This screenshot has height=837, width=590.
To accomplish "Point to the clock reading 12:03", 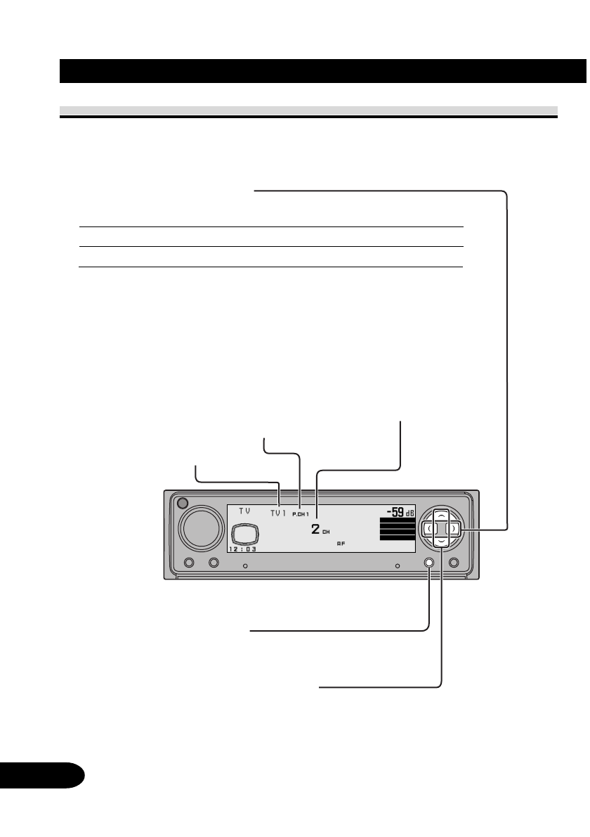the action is click(242, 550).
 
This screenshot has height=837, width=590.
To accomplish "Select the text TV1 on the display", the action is click(279, 513).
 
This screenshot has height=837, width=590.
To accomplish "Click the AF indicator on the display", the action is click(341, 544).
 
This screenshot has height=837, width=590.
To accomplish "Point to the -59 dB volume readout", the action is click(401, 513).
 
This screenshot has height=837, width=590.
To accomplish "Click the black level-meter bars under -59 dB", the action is click(398, 530).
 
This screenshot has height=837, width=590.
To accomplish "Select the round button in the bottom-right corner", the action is click(454, 563).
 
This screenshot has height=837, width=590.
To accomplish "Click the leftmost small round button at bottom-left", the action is click(188, 563).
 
